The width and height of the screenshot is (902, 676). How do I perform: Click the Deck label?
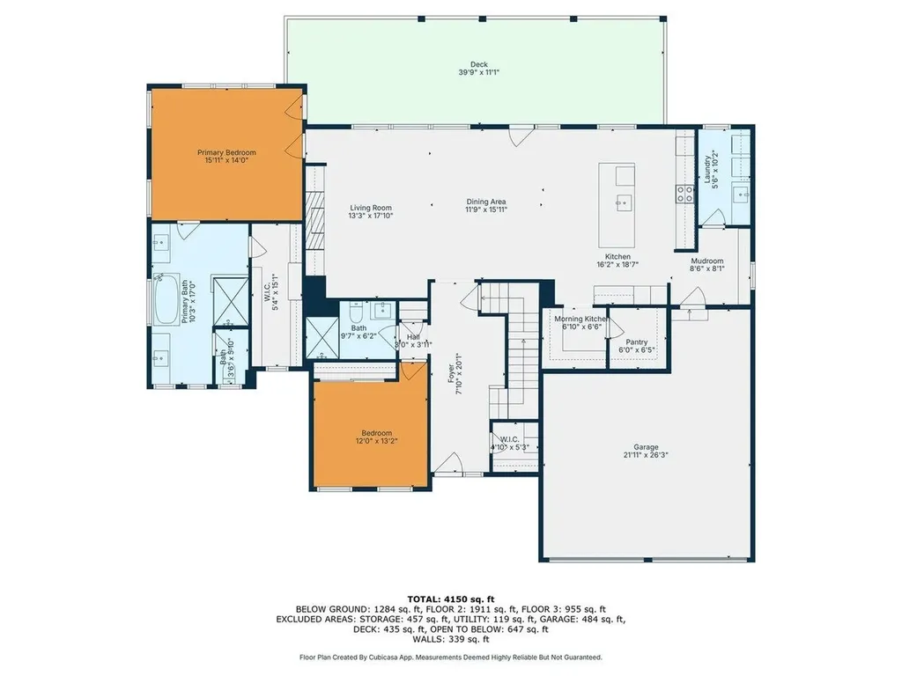tap(478, 64)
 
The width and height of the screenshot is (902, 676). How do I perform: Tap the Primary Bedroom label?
tap(221, 152)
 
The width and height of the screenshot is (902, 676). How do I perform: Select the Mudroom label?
tap(706, 261)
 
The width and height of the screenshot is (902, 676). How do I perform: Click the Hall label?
tap(413, 336)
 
